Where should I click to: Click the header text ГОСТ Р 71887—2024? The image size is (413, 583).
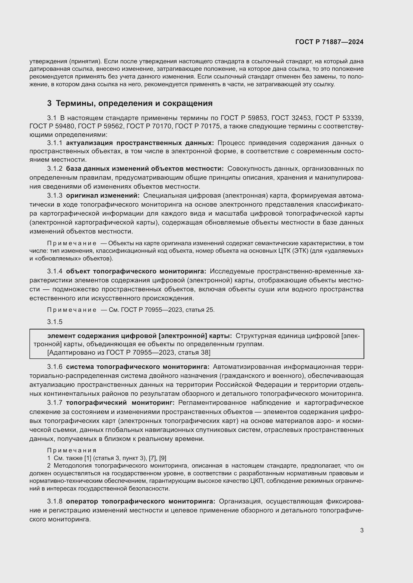click(x=329, y=42)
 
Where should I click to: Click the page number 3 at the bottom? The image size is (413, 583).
click(x=362, y=530)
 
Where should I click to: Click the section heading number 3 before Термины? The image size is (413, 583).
click(x=49, y=103)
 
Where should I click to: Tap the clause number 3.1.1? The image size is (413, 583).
click(x=54, y=143)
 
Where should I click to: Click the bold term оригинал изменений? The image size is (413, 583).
click(x=103, y=195)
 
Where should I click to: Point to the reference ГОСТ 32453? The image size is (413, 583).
click(x=291, y=118)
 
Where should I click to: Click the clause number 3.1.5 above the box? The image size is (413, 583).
click(x=54, y=322)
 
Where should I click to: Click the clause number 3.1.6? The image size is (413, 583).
click(x=54, y=367)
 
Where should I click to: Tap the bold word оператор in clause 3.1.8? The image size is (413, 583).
click(x=82, y=501)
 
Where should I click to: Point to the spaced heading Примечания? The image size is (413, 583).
click(x=72, y=450)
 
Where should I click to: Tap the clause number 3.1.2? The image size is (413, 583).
click(x=54, y=168)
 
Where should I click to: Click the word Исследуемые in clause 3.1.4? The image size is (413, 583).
click(x=232, y=271)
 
